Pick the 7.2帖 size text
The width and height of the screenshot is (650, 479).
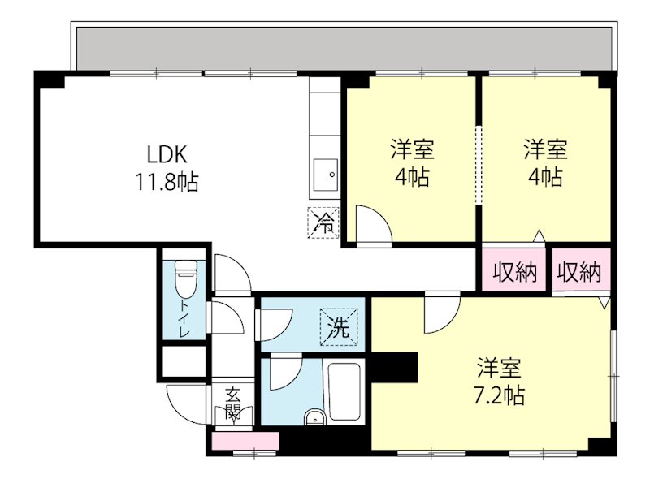tap(499, 396)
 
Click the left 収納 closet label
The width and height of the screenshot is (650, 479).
tap(515, 273)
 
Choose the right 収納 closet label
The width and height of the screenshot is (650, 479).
tap(579, 273)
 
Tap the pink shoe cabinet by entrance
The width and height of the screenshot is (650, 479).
tap(245, 441)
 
